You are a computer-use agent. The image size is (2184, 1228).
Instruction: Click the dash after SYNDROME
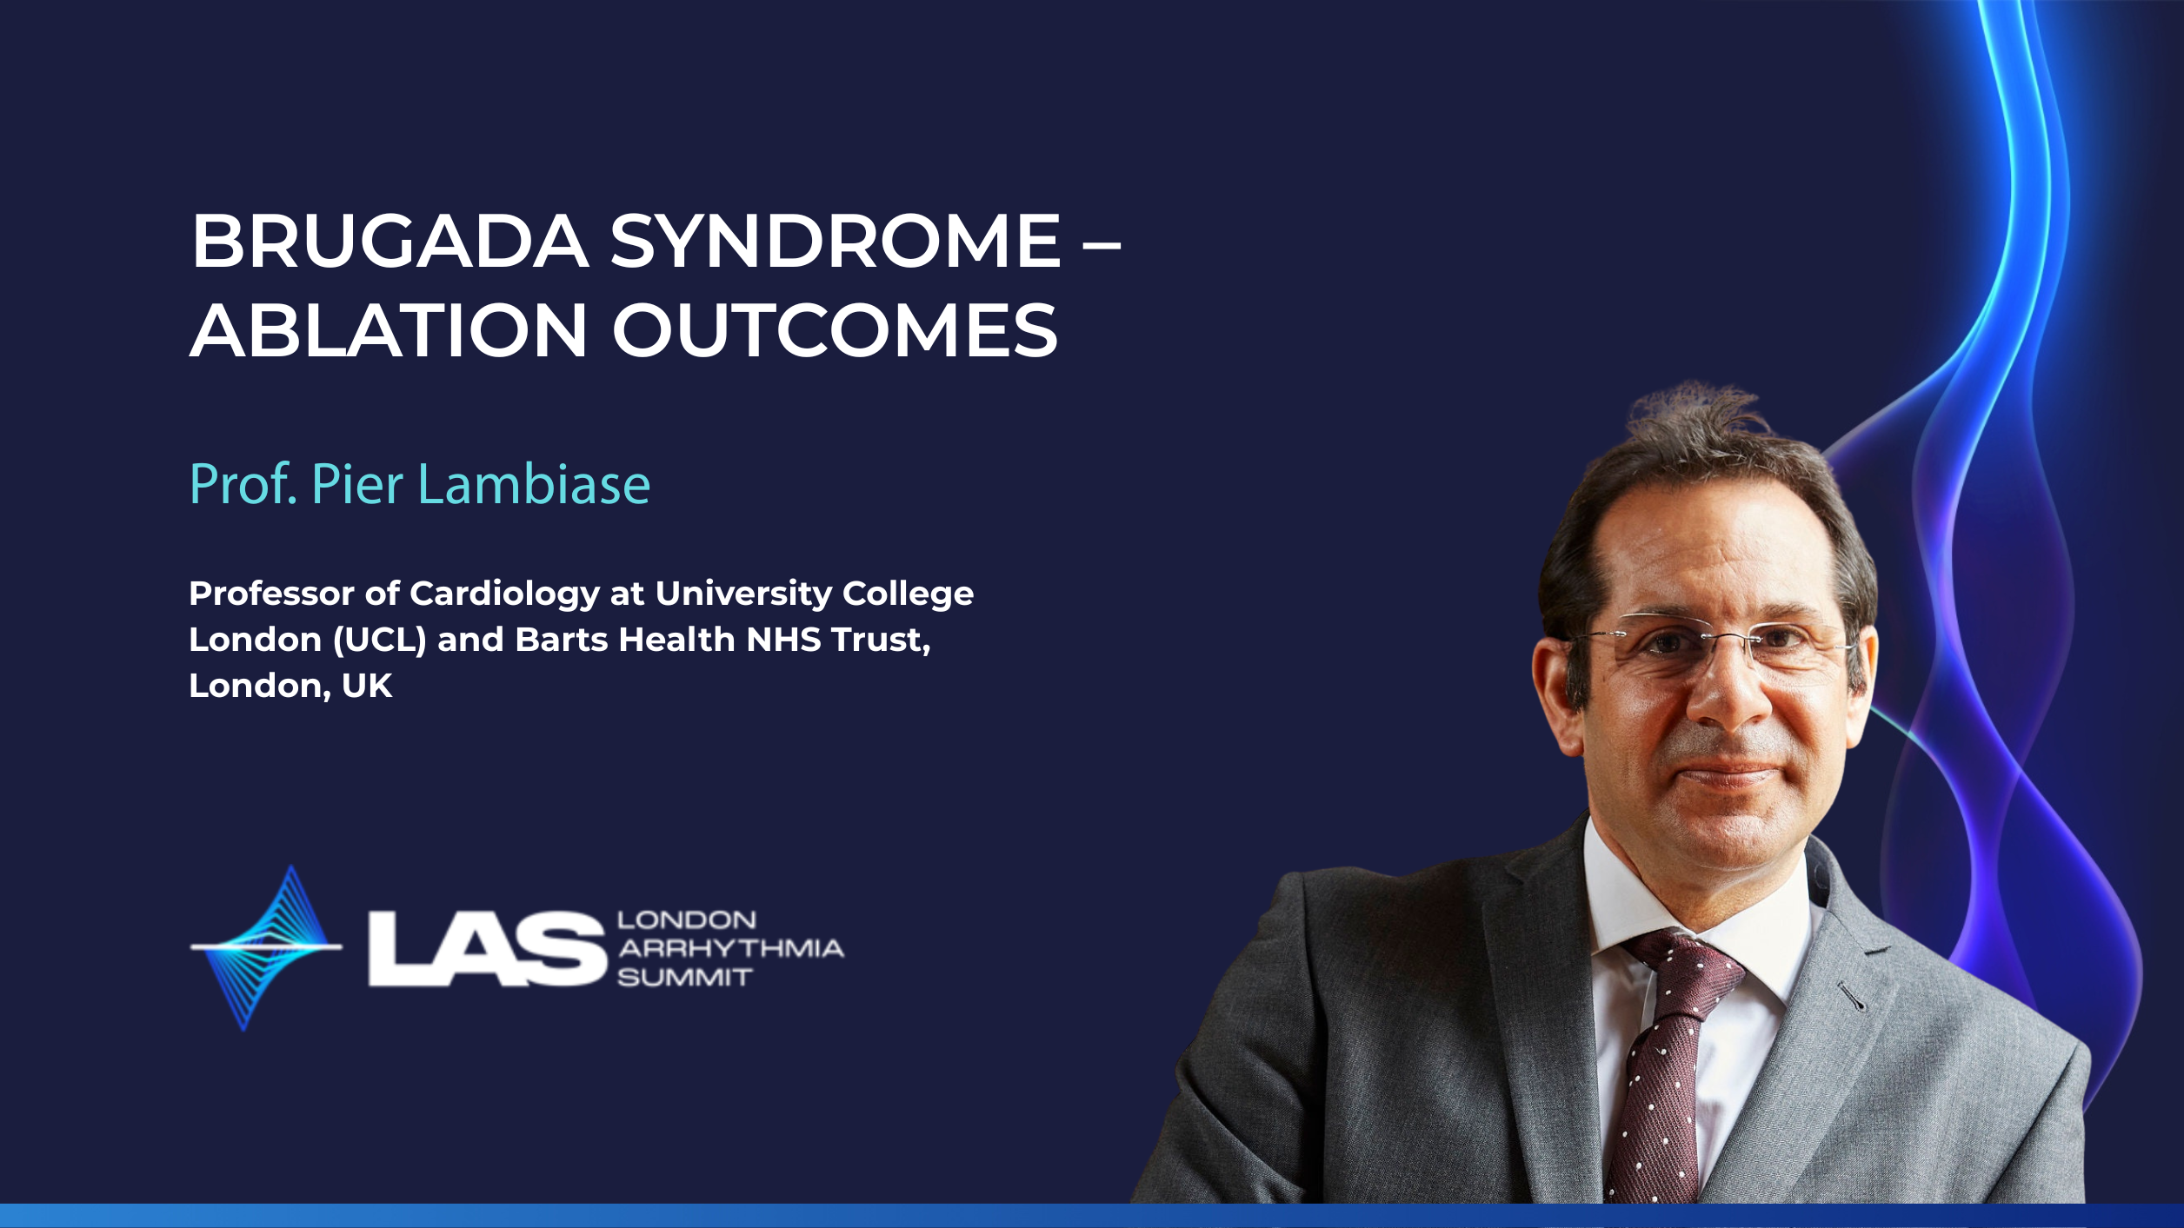click(1102, 245)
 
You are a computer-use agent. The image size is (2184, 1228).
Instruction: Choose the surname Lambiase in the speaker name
click(534, 484)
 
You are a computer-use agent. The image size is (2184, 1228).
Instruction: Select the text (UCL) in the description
click(379, 641)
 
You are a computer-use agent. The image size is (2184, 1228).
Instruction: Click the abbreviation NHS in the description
click(783, 640)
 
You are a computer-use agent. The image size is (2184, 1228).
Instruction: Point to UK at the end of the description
click(367, 686)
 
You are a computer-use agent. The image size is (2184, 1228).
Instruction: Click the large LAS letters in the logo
click(487, 949)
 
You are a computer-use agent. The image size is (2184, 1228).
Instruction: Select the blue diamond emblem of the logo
click(266, 947)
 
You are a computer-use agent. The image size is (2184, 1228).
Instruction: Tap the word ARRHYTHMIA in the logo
click(730, 948)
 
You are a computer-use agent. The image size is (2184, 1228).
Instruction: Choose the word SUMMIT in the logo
click(684, 978)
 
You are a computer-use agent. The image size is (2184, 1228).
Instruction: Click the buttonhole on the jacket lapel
click(1852, 996)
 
